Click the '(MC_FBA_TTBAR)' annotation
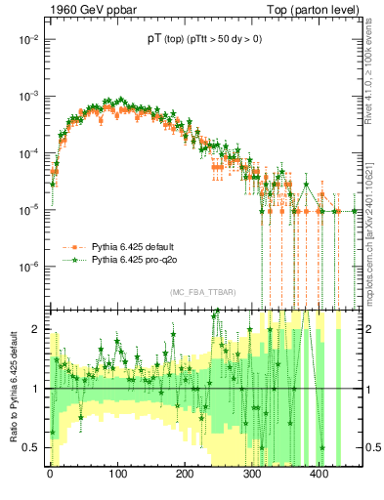click(x=202, y=293)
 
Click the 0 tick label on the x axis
click(x=50, y=476)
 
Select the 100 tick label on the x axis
click(x=118, y=476)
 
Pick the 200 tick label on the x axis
click(x=186, y=476)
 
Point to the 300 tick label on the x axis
click(x=254, y=476)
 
